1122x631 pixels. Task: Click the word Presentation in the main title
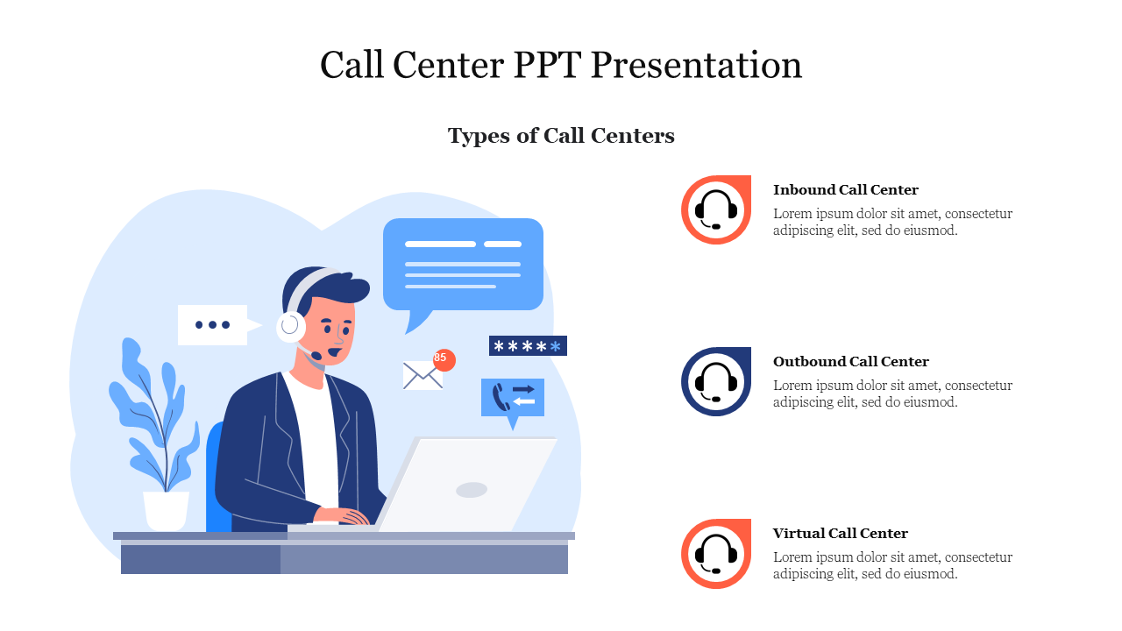coord(696,65)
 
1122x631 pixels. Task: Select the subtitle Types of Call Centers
coord(561,136)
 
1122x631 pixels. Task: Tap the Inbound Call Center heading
coord(846,190)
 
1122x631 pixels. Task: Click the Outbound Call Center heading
coord(850,362)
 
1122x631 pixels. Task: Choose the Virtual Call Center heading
coord(840,534)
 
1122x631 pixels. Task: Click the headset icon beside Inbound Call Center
coord(716,209)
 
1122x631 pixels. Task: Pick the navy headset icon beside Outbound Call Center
coord(716,381)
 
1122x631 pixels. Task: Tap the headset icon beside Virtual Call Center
coord(716,553)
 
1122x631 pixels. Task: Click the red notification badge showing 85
coord(444,359)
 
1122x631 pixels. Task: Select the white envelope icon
coord(423,376)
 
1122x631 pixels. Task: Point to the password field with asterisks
coord(528,345)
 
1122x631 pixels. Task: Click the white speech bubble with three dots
coord(218,325)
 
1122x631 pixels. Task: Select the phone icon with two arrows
coord(513,398)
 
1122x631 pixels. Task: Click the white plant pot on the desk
coord(166,511)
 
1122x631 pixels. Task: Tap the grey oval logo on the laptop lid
coord(472,490)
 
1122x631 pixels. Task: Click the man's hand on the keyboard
coord(342,516)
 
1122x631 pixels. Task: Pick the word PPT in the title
coord(547,65)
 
